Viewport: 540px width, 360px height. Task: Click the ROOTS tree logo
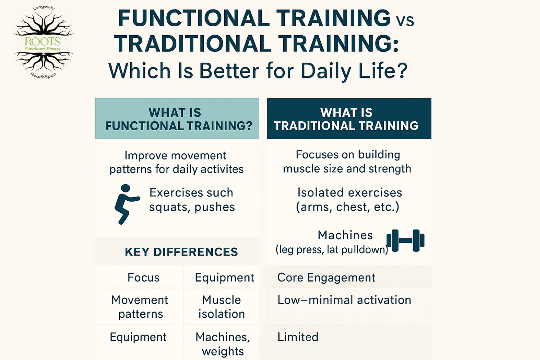pos(43,42)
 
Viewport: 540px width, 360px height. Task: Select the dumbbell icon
pos(405,240)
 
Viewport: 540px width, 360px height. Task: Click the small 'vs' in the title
pos(405,21)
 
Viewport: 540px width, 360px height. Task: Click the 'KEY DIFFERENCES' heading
pos(181,252)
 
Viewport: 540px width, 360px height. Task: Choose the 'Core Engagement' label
pos(326,278)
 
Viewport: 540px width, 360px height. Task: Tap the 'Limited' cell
pos(298,337)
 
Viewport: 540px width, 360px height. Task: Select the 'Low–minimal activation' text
pos(344,300)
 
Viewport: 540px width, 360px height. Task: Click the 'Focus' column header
pos(143,278)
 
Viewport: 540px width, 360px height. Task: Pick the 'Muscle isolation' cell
pos(221,307)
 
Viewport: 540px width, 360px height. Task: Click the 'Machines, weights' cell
pos(223,344)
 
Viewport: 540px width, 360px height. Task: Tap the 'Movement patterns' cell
pos(140,307)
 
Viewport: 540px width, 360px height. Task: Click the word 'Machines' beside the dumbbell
pos(345,235)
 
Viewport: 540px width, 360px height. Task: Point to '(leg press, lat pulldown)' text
pos(332,249)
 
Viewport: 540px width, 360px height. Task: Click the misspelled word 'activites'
pos(222,169)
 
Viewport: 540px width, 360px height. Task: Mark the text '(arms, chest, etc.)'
pos(347,207)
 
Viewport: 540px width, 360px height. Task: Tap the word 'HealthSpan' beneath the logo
pos(43,76)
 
